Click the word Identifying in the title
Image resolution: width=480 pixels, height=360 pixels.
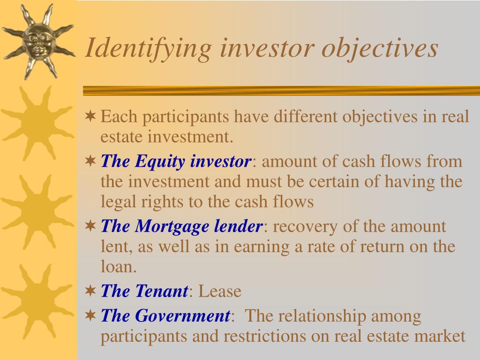click(148, 49)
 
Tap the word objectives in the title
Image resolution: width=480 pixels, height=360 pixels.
click(380, 49)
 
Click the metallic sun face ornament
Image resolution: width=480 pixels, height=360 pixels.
click(38, 42)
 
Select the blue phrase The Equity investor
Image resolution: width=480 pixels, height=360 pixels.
click(176, 161)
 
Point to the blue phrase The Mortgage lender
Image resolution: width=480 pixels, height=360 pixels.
click(181, 226)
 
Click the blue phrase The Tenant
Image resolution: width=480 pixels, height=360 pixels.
click(144, 291)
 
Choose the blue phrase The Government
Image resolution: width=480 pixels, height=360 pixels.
click(165, 315)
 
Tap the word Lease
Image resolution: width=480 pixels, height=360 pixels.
click(220, 291)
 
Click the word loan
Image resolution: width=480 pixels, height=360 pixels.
click(119, 266)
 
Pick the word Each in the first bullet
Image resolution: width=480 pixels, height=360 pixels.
click(119, 117)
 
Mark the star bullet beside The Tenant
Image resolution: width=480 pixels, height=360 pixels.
click(90, 291)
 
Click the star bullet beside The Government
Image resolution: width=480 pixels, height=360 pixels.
click(90, 315)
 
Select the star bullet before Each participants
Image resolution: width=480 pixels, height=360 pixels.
click(90, 116)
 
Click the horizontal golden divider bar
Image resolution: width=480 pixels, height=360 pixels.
click(281, 90)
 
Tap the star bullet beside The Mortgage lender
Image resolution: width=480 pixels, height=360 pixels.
click(90, 226)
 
